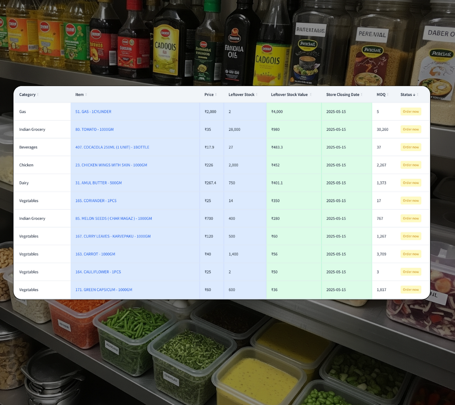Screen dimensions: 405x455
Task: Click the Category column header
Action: pyautogui.click(x=27, y=94)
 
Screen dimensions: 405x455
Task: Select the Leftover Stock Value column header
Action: pyautogui.click(x=289, y=94)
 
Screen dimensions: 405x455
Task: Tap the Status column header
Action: pyautogui.click(x=406, y=94)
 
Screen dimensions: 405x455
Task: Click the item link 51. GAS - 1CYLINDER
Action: pyautogui.click(x=93, y=112)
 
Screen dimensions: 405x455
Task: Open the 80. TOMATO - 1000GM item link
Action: pyautogui.click(x=94, y=130)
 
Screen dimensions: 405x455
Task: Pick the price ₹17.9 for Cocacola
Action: pyautogui.click(x=209, y=147)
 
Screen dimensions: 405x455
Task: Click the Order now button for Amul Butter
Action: pyautogui.click(x=411, y=183)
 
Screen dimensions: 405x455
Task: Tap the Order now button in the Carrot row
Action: pyautogui.click(x=411, y=254)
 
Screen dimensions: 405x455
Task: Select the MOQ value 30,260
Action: pyautogui.click(x=383, y=130)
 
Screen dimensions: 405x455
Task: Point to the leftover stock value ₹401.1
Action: pyautogui.click(x=277, y=183)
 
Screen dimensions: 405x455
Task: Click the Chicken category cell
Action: pyautogui.click(x=26, y=165)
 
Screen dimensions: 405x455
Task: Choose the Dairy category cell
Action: pyautogui.click(x=24, y=183)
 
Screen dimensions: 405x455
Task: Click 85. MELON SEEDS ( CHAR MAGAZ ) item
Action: pyautogui.click(x=114, y=219)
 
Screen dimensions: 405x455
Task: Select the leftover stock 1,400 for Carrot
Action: pyautogui.click(x=233, y=254)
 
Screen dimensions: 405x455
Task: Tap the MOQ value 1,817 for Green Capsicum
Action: pyautogui.click(x=381, y=290)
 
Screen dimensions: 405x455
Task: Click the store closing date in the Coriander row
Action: pyautogui.click(x=336, y=201)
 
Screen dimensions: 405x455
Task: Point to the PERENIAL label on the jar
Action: pyautogui.click(x=372, y=34)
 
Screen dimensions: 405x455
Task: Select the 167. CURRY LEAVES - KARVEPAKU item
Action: pyautogui.click(x=113, y=236)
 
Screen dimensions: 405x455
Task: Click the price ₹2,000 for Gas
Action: pyautogui.click(x=210, y=112)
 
